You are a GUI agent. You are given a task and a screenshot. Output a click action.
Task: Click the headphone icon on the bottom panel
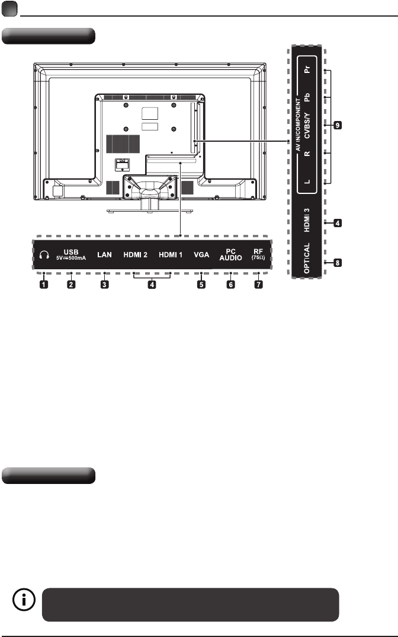point(44,254)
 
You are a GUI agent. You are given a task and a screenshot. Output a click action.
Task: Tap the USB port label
point(71,254)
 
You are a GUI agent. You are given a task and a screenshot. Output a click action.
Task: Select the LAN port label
point(104,254)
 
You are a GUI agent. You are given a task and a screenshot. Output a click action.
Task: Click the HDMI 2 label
point(136,254)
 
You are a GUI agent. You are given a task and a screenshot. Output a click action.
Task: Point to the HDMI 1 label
point(171,254)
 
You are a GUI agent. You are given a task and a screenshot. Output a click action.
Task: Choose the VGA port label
point(201,254)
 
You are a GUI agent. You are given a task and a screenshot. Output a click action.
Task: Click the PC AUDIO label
point(231,254)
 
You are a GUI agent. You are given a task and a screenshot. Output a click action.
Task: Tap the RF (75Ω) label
point(258,254)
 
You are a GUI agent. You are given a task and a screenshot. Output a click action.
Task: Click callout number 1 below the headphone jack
point(44,284)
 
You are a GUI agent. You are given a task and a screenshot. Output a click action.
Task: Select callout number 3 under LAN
point(104,284)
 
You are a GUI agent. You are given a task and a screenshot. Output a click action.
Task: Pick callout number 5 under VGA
point(201,284)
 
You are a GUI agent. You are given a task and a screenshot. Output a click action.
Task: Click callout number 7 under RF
point(258,284)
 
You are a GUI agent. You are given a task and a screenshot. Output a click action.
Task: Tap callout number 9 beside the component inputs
point(338,125)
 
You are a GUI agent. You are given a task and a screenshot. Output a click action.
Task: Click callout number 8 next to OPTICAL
point(338,263)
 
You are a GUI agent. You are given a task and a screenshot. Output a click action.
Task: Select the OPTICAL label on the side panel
point(307,258)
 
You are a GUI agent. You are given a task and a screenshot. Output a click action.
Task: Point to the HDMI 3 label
point(307,220)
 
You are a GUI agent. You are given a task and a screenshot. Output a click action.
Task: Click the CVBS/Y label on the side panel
point(307,126)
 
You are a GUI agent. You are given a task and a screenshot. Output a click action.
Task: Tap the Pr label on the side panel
point(307,69)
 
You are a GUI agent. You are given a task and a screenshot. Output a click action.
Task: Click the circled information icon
point(24,600)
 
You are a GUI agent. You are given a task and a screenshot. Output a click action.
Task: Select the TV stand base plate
point(150,211)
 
